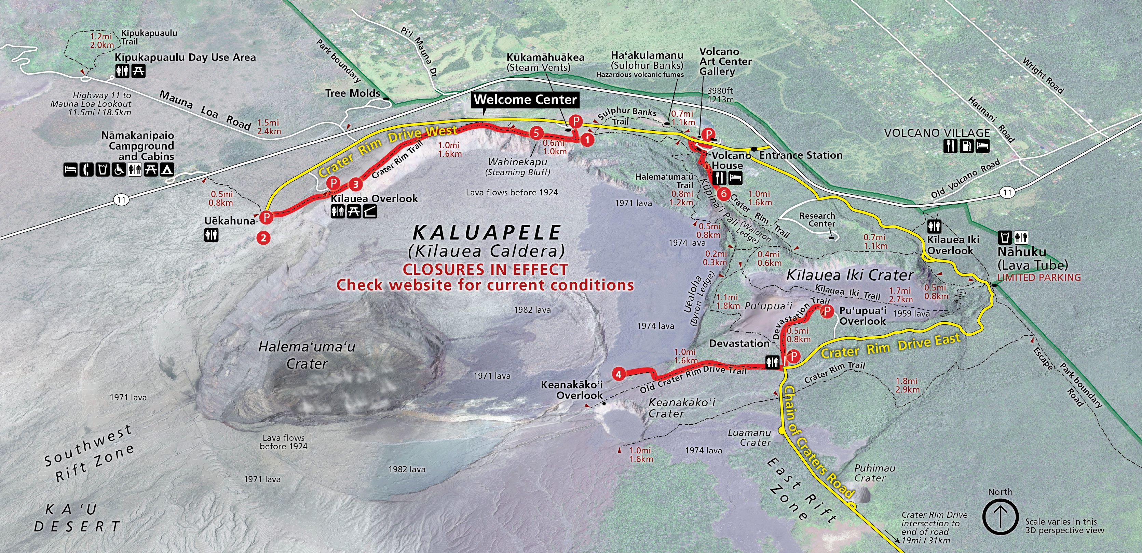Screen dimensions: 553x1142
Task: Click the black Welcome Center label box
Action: pyautogui.click(x=525, y=100)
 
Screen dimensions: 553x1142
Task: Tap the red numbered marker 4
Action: pyautogui.click(x=618, y=374)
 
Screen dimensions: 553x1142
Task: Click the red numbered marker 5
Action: pyautogui.click(x=536, y=133)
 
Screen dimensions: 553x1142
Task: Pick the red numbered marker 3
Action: pyautogui.click(x=355, y=184)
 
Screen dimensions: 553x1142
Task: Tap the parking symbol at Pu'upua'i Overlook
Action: pyautogui.click(x=827, y=311)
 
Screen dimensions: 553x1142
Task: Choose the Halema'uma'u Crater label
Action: pyautogui.click(x=307, y=355)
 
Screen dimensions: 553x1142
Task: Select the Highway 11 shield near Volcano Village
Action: pyautogui.click(x=1007, y=193)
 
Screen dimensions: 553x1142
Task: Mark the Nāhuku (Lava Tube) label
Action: pyautogui.click(x=1033, y=258)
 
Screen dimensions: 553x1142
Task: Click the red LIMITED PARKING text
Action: pyautogui.click(x=1039, y=278)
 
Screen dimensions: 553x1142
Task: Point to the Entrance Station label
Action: pyautogui.click(x=801, y=155)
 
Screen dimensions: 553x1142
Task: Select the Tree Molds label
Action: pyautogui.click(x=352, y=93)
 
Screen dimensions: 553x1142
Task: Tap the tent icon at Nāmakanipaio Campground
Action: pyautogui.click(x=167, y=169)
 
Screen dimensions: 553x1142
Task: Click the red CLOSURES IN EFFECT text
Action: pyautogui.click(x=485, y=269)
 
